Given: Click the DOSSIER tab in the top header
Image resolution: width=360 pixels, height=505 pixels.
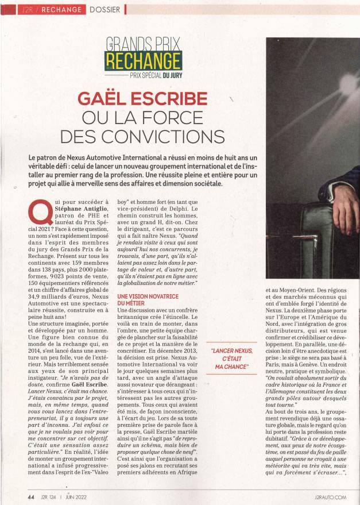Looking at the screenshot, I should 105,10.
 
